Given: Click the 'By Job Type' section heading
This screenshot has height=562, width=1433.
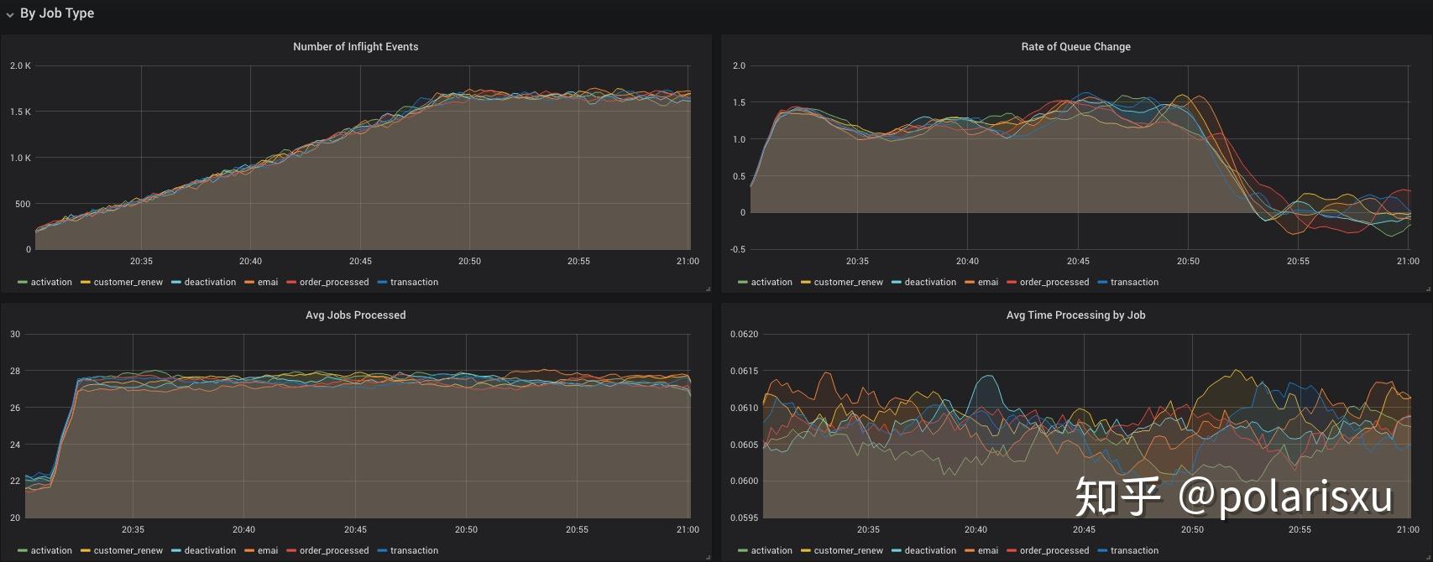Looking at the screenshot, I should click(x=57, y=13).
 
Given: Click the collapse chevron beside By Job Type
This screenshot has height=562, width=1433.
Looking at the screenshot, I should click(x=10, y=14).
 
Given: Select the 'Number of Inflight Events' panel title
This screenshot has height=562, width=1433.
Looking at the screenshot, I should click(x=355, y=47).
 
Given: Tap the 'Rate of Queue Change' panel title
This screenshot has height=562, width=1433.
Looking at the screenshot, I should click(x=1075, y=47).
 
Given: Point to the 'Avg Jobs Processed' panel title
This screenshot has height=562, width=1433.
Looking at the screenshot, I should click(x=355, y=315).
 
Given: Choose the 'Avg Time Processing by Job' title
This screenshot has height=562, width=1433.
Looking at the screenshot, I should click(x=1075, y=315).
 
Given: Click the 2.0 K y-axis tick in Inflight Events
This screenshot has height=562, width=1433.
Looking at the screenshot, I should click(x=20, y=65).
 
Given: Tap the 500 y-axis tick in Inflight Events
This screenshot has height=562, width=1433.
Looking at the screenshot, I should click(x=23, y=204).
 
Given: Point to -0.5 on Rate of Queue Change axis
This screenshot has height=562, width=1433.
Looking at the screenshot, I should click(x=737, y=249).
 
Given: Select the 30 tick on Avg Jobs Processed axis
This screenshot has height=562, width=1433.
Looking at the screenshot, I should click(x=15, y=334).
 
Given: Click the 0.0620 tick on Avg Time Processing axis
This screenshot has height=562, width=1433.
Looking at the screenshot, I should click(x=744, y=334).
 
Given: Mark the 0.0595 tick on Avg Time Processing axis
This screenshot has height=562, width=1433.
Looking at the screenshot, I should click(x=744, y=518).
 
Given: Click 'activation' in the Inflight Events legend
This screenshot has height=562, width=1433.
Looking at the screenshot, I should click(x=51, y=282).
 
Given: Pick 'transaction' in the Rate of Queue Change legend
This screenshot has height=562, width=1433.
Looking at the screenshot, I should click(x=1134, y=282).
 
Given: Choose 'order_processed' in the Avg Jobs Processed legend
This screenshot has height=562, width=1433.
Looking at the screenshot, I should click(x=334, y=550).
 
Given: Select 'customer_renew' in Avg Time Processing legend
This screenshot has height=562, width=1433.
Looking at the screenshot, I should click(x=849, y=550).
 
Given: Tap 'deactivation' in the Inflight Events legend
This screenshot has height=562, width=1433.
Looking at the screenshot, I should click(x=210, y=282).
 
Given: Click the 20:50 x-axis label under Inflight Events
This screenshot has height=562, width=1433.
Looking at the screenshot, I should click(x=469, y=261).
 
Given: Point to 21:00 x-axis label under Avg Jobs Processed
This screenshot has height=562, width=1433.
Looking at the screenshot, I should click(x=688, y=529).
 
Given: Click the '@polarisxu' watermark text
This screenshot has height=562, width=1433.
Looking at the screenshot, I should click(x=1285, y=497).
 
